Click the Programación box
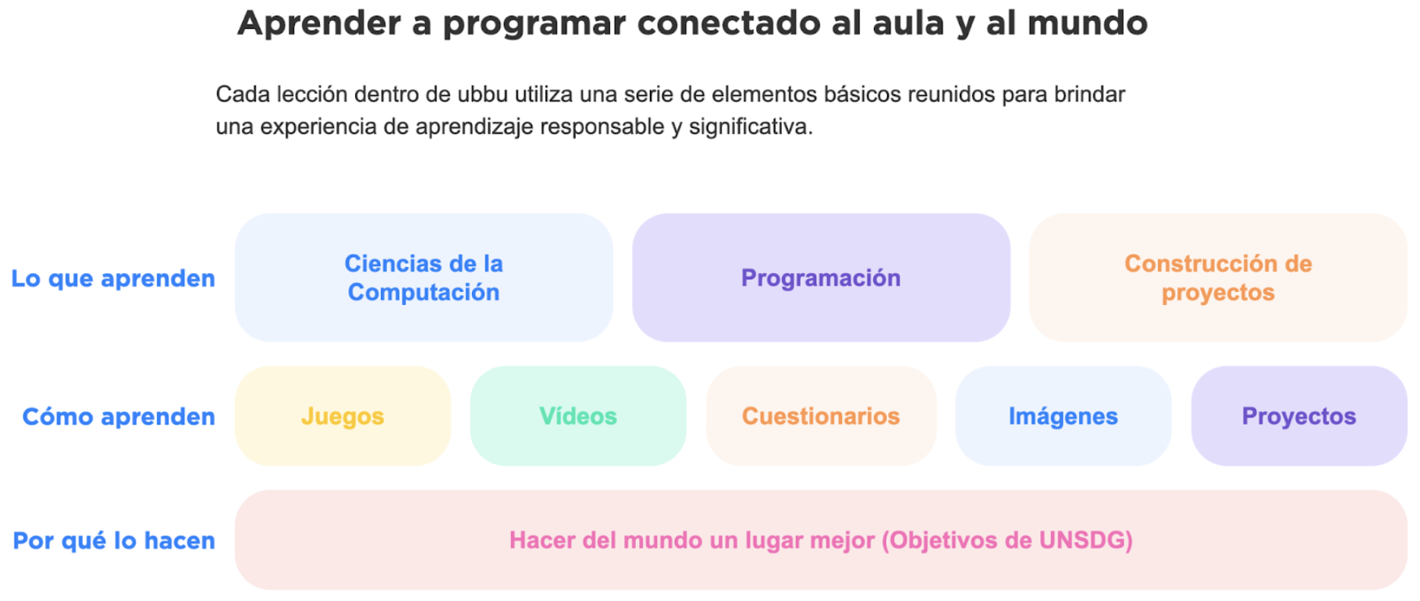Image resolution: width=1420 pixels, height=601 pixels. click(x=821, y=278)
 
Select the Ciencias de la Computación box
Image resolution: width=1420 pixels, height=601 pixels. click(x=424, y=278)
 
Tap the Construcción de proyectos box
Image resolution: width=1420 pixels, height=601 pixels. click(x=1218, y=278)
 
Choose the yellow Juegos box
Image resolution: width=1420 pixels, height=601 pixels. click(x=343, y=416)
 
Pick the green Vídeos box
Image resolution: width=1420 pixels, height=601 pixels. click(x=578, y=416)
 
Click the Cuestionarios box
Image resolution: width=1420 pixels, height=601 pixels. click(x=821, y=416)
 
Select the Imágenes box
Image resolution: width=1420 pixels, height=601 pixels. click(x=1063, y=416)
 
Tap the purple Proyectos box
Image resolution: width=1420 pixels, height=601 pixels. click(x=1299, y=416)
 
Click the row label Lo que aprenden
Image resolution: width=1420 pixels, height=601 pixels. click(x=113, y=279)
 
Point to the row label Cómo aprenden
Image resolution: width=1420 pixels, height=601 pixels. click(x=119, y=417)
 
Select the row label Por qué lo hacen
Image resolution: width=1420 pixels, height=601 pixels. click(x=114, y=540)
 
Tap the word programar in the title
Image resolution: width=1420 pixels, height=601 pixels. click(x=534, y=24)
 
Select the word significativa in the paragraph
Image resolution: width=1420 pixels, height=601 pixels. click(x=751, y=126)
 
